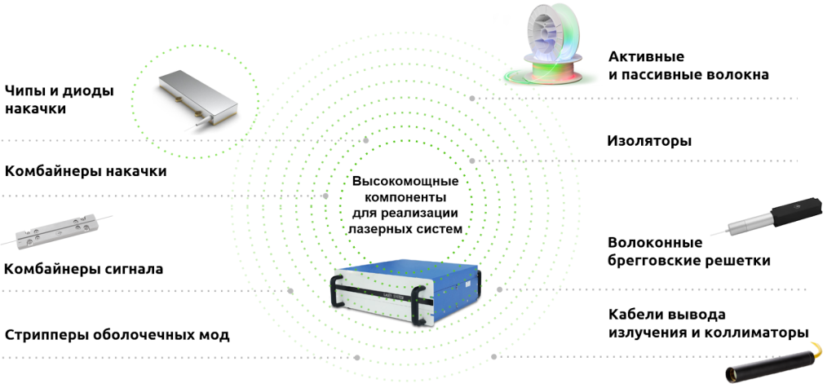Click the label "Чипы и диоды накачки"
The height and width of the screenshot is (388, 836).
pyautogui.click(x=59, y=99)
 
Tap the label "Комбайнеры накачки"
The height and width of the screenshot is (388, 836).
pyautogui.click(x=86, y=171)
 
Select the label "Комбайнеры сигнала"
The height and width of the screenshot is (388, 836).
pyautogui.click(x=84, y=268)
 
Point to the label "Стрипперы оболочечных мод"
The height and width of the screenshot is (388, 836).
pyautogui.click(x=117, y=334)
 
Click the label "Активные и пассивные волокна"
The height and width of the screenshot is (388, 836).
pyautogui.click(x=688, y=66)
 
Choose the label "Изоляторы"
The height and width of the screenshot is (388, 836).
pyautogui.click(x=649, y=140)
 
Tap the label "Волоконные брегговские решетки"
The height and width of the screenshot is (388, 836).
pyautogui.click(x=688, y=251)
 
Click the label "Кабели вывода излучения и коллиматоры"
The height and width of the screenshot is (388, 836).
pyautogui.click(x=708, y=324)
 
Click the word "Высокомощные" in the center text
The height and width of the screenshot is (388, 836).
pyautogui.click(x=405, y=181)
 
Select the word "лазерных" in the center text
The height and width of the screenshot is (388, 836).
pyautogui.click(x=378, y=229)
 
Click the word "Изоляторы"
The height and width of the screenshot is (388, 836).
pyautogui.click(x=649, y=140)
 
